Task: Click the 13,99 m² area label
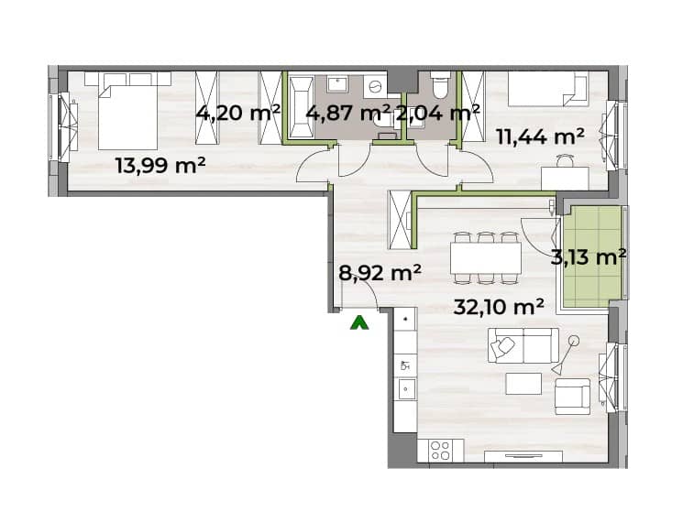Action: pyautogui.click(x=160, y=166)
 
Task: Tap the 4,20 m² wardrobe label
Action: pyautogui.click(x=238, y=114)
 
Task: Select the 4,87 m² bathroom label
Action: pyautogui.click(x=348, y=114)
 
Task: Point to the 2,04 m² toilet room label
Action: pyautogui.click(x=437, y=114)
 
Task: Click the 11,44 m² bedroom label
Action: pyautogui.click(x=540, y=136)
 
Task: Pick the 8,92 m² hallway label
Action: pyautogui.click(x=380, y=273)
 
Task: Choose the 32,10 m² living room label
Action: pyautogui.click(x=499, y=306)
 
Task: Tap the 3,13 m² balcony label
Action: pyautogui.click(x=589, y=256)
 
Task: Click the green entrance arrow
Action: pyautogui.click(x=359, y=322)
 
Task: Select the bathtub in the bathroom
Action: pyautogui.click(x=301, y=107)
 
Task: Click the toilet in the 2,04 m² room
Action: pyautogui.click(x=440, y=86)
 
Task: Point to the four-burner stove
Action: pyautogui.click(x=440, y=451)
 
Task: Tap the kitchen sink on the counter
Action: pyautogui.click(x=405, y=388)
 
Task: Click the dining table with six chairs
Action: pyautogui.click(x=486, y=257)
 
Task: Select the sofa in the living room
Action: pyautogui.click(x=523, y=345)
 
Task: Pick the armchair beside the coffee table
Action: pyautogui.click(x=572, y=396)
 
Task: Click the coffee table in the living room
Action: pyautogui.click(x=523, y=383)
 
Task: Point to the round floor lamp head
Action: pyautogui.click(x=574, y=341)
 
